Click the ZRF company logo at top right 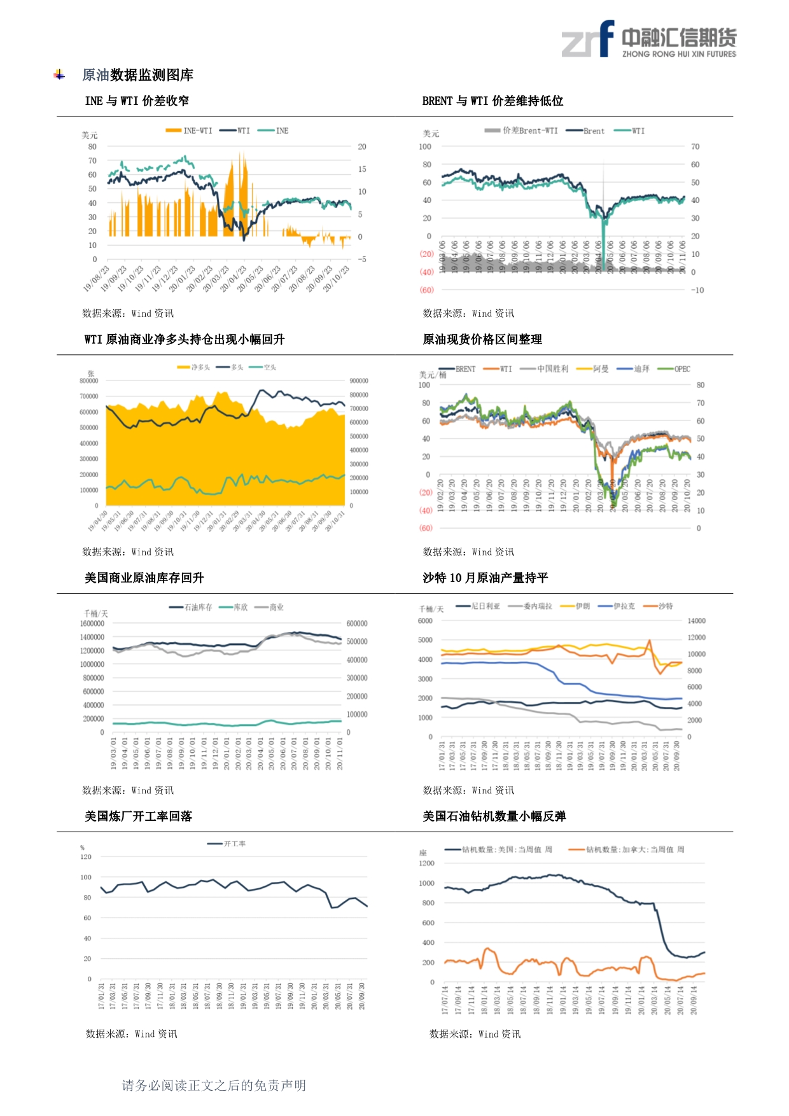(x=648, y=39)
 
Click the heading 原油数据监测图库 (x=137, y=75)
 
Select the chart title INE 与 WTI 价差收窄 (x=137, y=101)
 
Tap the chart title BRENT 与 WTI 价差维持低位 (x=492, y=101)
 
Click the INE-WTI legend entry (x=189, y=130)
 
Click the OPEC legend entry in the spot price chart (x=674, y=369)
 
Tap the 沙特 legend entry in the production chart (x=659, y=606)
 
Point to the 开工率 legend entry (x=227, y=844)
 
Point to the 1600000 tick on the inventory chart (x=92, y=624)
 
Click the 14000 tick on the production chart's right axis (x=697, y=621)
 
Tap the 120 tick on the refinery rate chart (x=86, y=857)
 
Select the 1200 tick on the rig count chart (x=426, y=863)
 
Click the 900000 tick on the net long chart (x=359, y=381)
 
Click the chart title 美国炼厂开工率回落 (x=138, y=816)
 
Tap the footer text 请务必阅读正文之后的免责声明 (x=214, y=1085)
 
